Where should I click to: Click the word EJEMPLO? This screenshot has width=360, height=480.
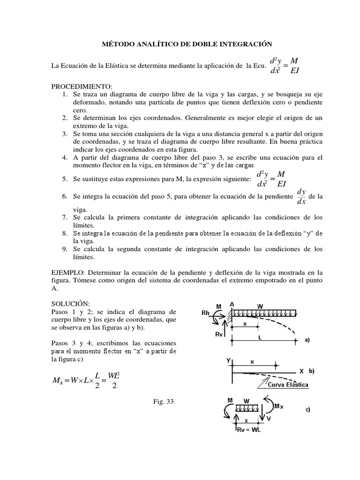[x=68, y=271]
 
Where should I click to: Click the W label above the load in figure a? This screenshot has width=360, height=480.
[x=260, y=306]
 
